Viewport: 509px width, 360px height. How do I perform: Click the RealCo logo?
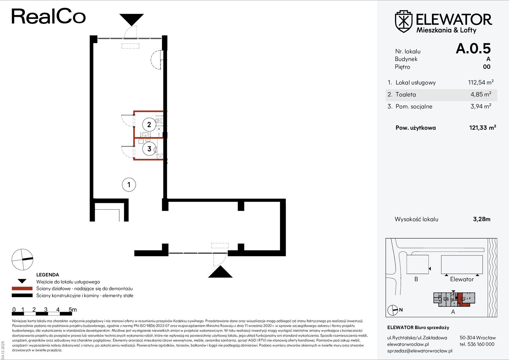[49, 16]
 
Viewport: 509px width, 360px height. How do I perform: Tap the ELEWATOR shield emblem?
[404, 21]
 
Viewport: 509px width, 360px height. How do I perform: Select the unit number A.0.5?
[473, 48]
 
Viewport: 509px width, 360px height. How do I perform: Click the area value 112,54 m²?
[481, 82]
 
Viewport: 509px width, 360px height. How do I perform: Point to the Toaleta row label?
[406, 94]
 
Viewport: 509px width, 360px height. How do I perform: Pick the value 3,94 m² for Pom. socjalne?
[481, 106]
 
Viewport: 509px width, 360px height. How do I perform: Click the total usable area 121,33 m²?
[483, 128]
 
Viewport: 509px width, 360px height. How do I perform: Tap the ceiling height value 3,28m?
[482, 219]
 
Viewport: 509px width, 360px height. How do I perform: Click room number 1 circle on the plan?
[129, 184]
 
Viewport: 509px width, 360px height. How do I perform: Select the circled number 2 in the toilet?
[149, 124]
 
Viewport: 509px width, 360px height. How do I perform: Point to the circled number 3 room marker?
[149, 149]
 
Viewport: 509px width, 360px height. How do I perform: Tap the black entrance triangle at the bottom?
[220, 272]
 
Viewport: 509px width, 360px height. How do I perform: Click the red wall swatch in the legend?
[22, 288]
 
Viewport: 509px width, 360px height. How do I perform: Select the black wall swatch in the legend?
[22, 295]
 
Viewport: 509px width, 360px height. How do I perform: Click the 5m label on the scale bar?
[73, 309]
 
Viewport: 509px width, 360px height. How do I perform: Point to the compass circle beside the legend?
[22, 260]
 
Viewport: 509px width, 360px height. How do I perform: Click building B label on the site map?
[416, 279]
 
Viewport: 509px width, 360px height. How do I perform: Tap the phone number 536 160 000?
[481, 344]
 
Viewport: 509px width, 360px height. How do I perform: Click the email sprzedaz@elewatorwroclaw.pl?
[420, 351]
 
